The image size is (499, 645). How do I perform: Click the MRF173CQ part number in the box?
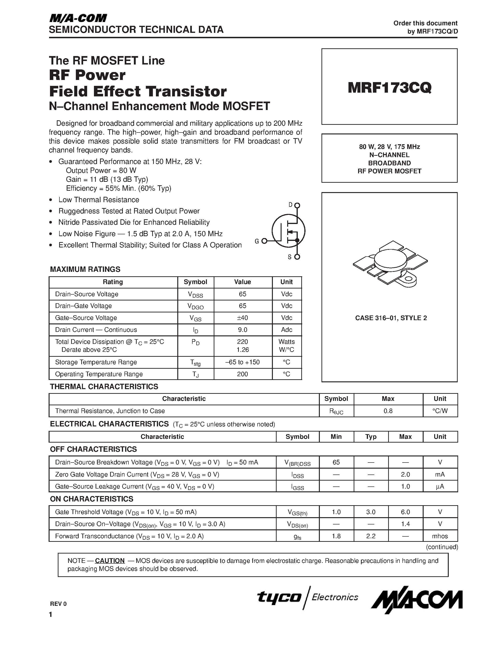click(389, 87)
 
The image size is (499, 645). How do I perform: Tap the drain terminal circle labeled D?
click(297, 205)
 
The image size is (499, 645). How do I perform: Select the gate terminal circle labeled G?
click(264, 241)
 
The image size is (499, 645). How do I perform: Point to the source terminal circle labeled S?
click(297, 257)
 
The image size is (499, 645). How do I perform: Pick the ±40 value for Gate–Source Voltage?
click(242, 318)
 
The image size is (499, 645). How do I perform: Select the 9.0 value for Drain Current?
click(242, 330)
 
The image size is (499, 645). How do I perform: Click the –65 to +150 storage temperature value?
click(242, 362)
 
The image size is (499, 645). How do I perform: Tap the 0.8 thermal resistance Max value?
click(388, 411)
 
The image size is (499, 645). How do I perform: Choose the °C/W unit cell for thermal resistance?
click(440, 411)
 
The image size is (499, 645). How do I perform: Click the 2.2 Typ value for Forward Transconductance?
click(371, 536)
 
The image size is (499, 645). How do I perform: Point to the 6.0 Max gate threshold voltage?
click(405, 512)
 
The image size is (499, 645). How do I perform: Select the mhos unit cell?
click(440, 536)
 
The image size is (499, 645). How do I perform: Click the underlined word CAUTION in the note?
click(110, 561)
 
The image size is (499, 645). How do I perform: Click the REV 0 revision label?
click(58, 604)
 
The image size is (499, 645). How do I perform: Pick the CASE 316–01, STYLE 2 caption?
click(391, 318)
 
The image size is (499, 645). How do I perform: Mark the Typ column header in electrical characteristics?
click(371, 436)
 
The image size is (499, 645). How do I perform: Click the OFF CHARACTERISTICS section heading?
click(93, 449)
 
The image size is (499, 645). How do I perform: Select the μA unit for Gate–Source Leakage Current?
click(440, 486)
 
